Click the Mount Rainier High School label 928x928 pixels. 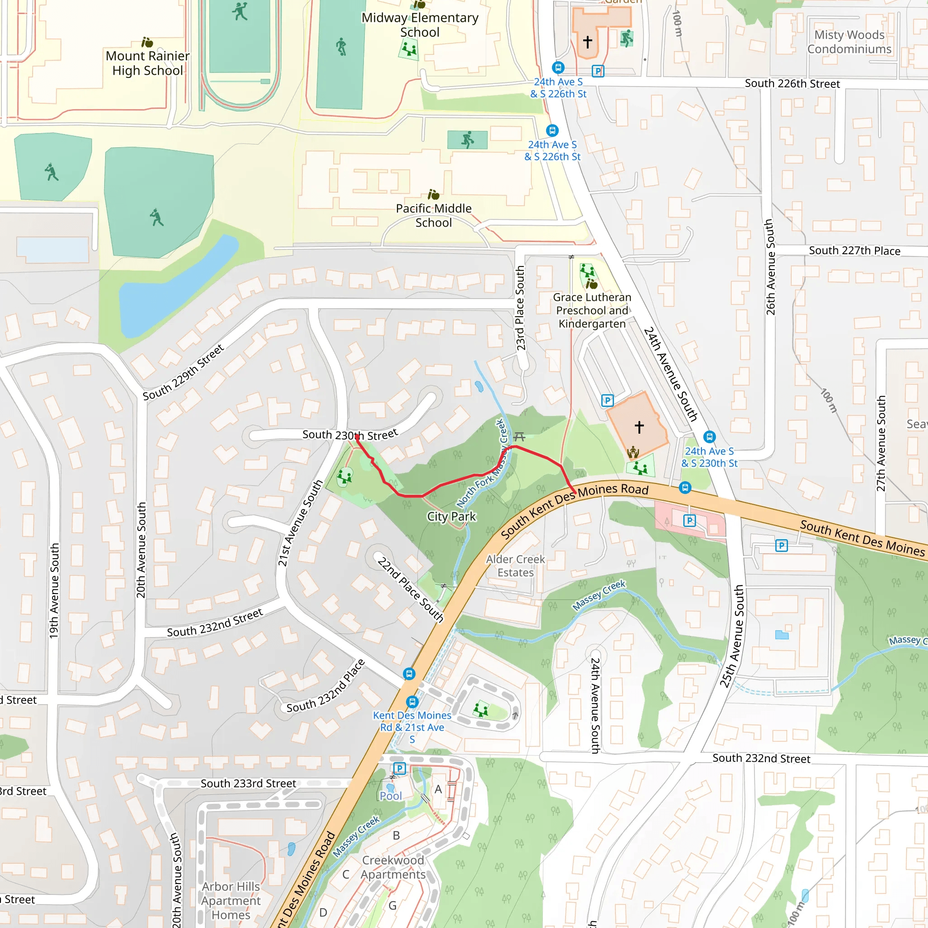click(147, 63)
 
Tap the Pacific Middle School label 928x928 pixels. click(433, 215)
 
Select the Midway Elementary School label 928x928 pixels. click(420, 25)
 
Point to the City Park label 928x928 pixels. click(451, 517)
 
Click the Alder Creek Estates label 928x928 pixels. click(515, 566)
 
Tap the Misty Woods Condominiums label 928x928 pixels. click(849, 42)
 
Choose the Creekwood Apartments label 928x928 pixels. click(393, 867)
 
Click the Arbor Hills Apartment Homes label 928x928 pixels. click(231, 900)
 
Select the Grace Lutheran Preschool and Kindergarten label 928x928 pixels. click(592, 310)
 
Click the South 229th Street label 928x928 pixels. click(183, 372)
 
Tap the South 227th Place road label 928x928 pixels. click(854, 251)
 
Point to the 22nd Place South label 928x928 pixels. click(410, 590)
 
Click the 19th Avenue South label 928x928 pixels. click(54, 590)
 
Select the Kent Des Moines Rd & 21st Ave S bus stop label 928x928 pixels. click(412, 727)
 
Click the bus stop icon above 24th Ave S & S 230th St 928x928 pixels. click(710, 437)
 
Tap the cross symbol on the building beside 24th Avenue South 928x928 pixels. click(639, 426)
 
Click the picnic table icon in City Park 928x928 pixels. click(519, 436)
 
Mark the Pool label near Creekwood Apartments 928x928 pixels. click(391, 796)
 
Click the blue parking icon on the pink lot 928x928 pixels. click(689, 520)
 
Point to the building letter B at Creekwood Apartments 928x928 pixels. click(396, 835)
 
